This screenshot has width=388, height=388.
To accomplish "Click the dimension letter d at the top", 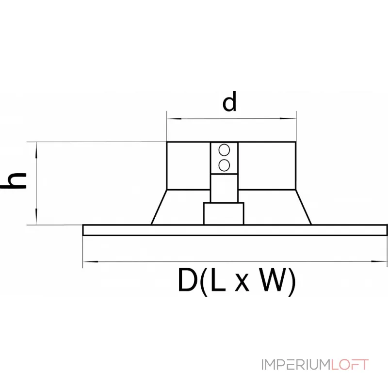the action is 229,101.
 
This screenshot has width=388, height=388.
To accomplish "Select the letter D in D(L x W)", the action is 187,280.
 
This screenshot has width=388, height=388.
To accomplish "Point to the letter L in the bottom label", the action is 219,280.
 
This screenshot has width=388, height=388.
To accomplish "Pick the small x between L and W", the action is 242,284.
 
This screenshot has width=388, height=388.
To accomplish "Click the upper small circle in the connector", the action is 224,150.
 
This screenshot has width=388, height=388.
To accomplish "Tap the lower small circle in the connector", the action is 224,165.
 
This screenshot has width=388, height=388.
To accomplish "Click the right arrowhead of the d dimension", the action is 288,118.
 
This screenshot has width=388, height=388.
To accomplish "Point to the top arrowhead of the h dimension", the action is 36,150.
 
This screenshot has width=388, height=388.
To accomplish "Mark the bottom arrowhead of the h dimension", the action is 36,216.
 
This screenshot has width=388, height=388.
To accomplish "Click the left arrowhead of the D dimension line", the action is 91,261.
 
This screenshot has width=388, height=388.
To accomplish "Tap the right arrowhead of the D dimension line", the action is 379,261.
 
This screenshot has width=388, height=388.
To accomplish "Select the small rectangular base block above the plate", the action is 224,213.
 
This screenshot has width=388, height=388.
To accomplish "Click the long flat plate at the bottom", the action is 235,230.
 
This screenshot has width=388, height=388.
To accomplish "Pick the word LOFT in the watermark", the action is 350,365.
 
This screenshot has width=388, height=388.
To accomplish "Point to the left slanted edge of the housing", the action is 159,207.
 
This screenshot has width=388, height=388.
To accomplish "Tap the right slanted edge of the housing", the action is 304,207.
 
